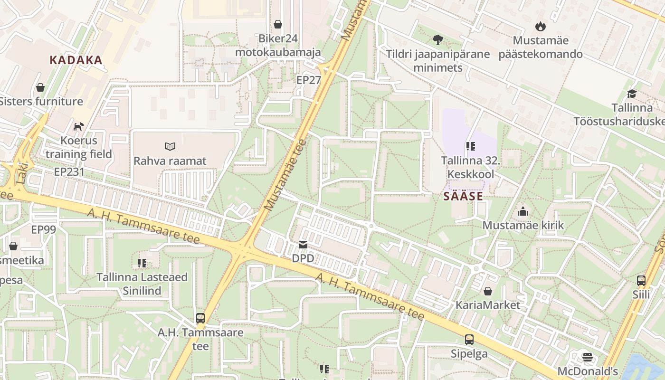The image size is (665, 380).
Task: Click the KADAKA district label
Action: [76, 60]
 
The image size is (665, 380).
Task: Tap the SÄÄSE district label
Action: [463, 196]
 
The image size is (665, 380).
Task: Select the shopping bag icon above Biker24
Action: [278, 24]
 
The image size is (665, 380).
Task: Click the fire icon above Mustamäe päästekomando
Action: [540, 26]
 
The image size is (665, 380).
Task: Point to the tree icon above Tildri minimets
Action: [437, 40]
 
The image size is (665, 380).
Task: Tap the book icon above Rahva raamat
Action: [170, 146]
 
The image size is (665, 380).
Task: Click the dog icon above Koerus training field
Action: [78, 126]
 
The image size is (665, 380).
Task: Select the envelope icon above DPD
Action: [303, 245]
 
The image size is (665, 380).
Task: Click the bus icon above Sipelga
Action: [469, 339]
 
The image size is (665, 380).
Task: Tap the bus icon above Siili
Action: [641, 280]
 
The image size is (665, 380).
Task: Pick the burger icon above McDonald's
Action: [588, 357]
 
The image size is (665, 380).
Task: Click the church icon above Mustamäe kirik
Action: [523, 211]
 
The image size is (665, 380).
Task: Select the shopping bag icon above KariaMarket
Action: [488, 291]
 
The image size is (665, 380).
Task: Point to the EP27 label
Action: [309, 80]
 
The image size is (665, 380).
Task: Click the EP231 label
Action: [69, 171]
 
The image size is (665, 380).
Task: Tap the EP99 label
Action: [43, 230]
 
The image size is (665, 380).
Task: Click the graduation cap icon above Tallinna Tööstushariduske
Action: [632, 94]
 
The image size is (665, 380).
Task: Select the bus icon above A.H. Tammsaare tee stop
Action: [200, 318]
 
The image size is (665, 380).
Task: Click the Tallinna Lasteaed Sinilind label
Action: [142, 284]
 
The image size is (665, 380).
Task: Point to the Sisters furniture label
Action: [41, 101]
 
